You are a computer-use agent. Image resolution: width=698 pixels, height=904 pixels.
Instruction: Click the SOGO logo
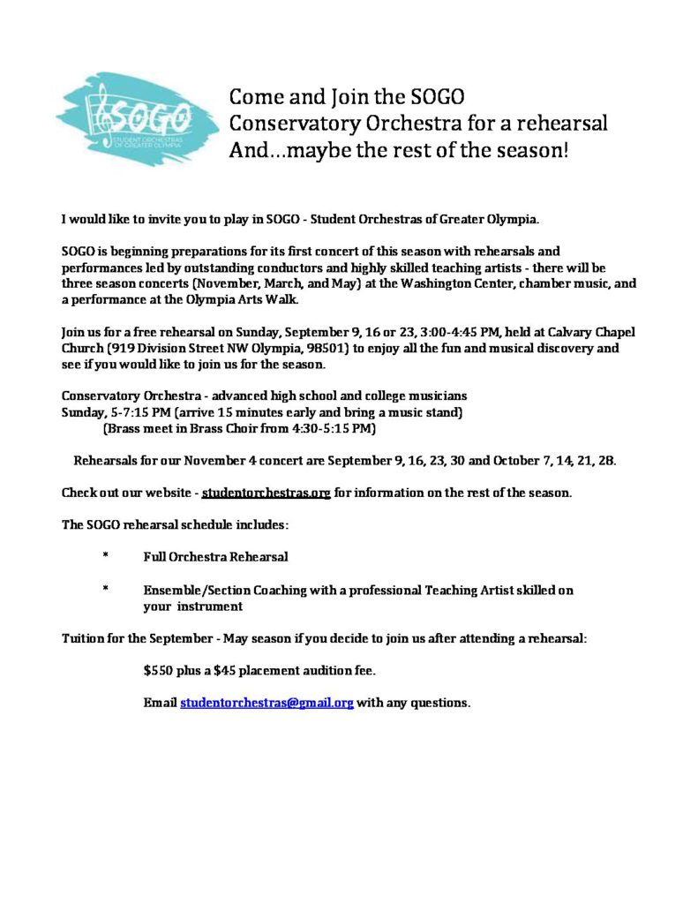137,118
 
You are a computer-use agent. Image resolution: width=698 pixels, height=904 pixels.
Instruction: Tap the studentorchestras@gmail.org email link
266,704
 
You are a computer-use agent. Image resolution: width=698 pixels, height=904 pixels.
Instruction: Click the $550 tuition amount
160,671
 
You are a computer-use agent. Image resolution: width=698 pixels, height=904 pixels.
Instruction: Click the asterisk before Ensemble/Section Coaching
105,591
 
